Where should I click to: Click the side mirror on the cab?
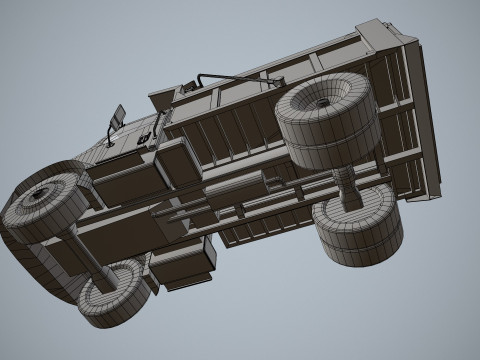118,115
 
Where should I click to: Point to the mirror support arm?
111,130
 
